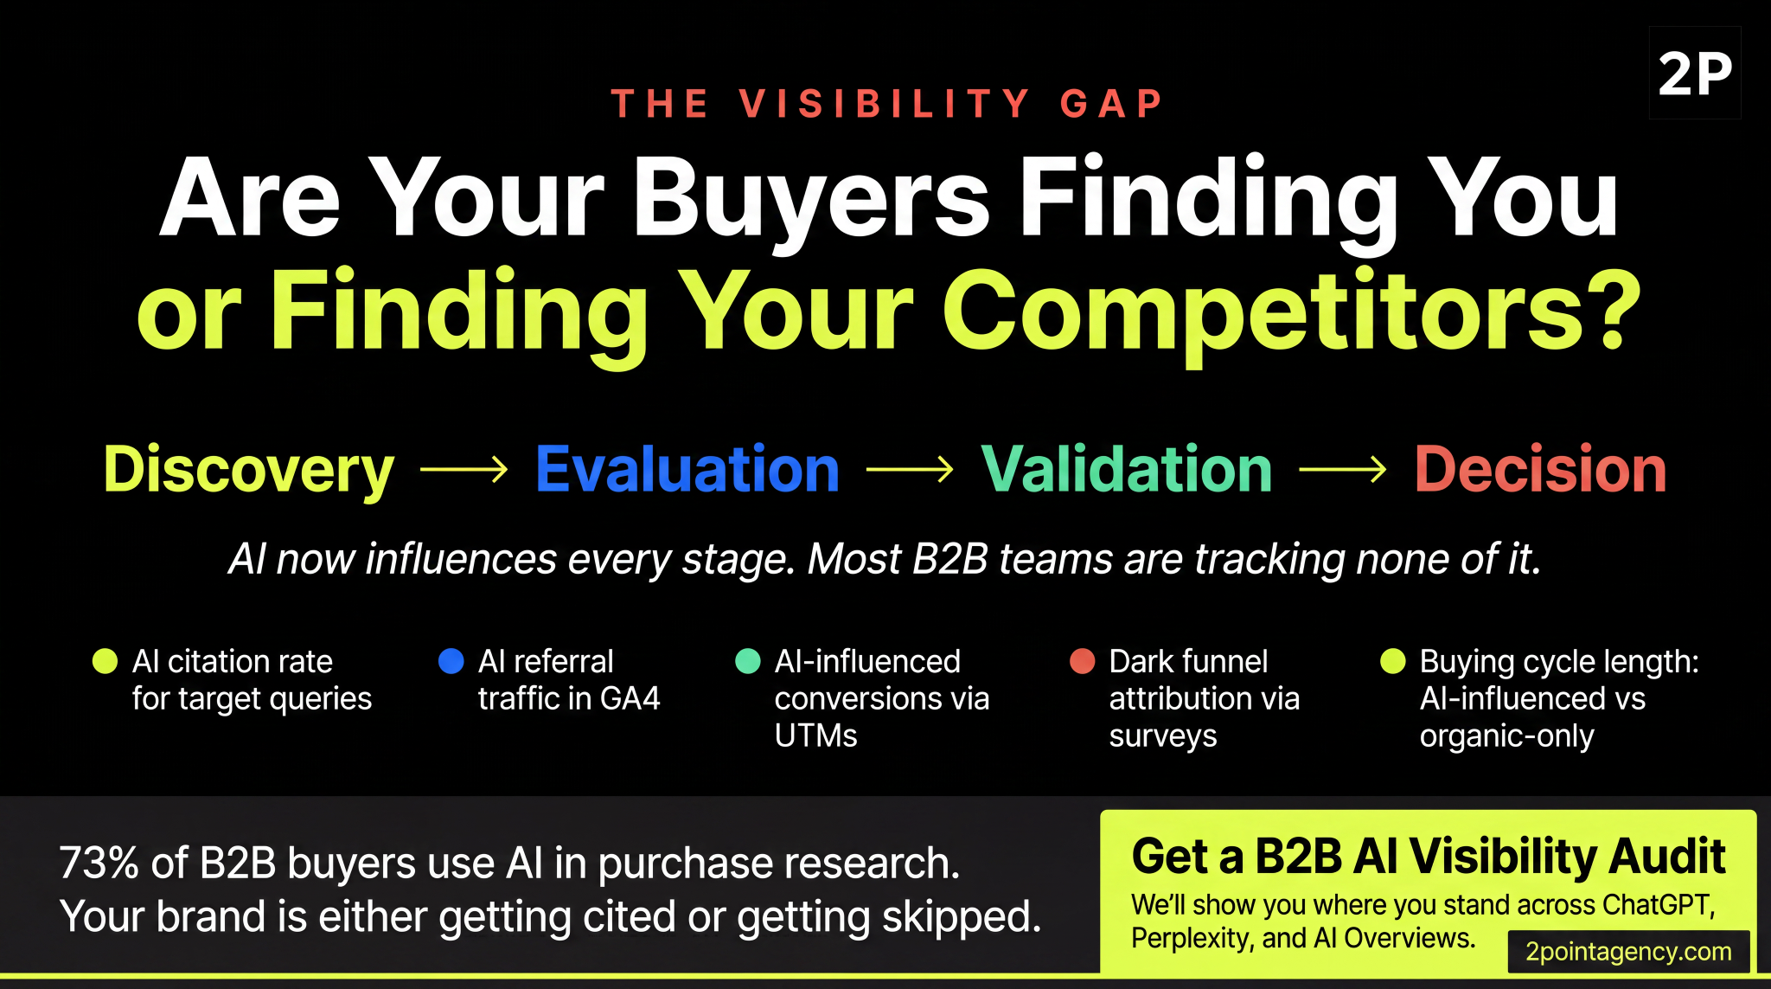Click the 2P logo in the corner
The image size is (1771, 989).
(x=1695, y=74)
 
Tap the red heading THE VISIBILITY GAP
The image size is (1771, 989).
(x=887, y=104)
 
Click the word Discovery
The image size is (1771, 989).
(x=249, y=469)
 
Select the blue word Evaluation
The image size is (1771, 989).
(x=687, y=469)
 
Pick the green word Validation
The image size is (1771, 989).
(x=1126, y=469)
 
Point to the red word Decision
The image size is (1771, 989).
(x=1540, y=469)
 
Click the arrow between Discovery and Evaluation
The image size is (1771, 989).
(x=464, y=470)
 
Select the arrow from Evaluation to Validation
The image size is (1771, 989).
(x=910, y=470)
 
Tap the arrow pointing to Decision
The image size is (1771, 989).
(x=1342, y=470)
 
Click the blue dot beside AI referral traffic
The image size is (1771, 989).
(x=451, y=661)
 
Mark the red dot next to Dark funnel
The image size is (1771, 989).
(x=1083, y=661)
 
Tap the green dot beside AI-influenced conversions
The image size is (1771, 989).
(x=748, y=661)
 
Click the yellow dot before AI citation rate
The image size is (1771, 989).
(x=105, y=661)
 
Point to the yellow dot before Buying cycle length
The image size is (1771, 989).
(x=1393, y=661)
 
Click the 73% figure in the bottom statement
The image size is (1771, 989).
(x=99, y=863)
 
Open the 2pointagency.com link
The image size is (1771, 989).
(x=1628, y=952)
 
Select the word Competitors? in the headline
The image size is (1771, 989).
(x=1291, y=311)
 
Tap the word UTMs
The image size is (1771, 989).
(x=815, y=735)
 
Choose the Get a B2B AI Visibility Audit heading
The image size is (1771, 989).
(x=1429, y=857)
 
